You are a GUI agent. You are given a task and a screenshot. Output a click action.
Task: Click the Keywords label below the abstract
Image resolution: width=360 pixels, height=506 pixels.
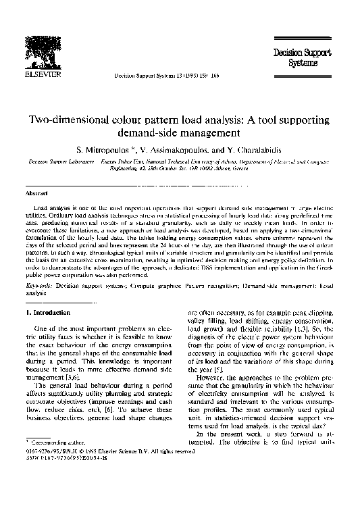pyautogui.click(x=39, y=287)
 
